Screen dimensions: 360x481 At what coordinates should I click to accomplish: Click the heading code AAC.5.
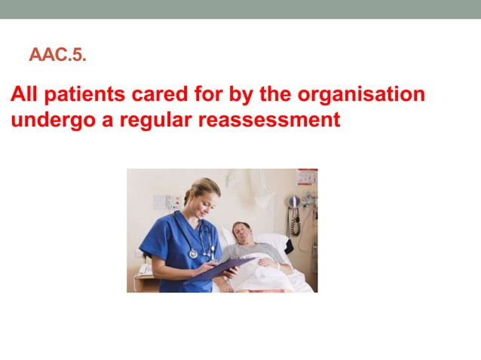[x=63, y=55]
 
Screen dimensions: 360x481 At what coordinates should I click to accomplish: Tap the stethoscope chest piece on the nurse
[x=194, y=254]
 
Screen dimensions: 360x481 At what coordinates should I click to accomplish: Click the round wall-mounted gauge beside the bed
[x=293, y=201]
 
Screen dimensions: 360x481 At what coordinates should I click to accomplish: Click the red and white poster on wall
[x=307, y=178]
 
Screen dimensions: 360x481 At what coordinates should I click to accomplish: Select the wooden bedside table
[x=143, y=283]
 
